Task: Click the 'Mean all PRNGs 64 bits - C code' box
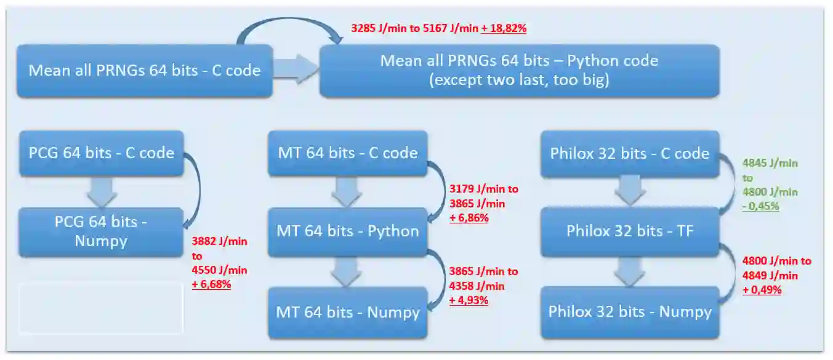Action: tap(144, 71)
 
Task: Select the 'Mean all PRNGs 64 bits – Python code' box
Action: tap(519, 71)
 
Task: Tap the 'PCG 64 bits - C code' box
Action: tap(101, 153)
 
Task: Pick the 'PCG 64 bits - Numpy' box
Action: tap(101, 231)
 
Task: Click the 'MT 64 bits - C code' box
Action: tap(348, 153)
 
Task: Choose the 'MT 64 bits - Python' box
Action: tap(348, 231)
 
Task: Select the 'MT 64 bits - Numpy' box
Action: tap(348, 312)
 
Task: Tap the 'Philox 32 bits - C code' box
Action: tap(629, 153)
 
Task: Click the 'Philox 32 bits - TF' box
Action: tap(629, 231)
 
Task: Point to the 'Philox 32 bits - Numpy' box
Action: tap(629, 311)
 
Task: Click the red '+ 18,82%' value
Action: tap(504, 28)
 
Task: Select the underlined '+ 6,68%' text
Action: tap(211, 284)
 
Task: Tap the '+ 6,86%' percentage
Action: tap(469, 218)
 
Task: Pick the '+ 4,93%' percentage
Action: tap(469, 300)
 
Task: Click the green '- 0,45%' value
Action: tap(760, 206)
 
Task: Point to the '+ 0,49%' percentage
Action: tap(762, 290)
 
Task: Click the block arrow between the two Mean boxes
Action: tap(295, 69)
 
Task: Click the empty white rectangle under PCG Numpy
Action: tap(101, 308)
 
